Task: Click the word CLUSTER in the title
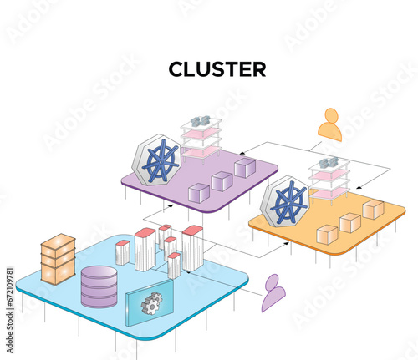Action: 217,69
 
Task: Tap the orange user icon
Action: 329,124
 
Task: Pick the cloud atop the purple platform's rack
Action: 200,122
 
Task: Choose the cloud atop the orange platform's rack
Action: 328,162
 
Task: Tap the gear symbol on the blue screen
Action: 151,302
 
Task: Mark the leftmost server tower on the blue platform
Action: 122,252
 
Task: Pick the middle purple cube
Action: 222,180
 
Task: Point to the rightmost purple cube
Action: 244,168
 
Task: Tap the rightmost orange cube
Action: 373,209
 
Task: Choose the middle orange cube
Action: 350,222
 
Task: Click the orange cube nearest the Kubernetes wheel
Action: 328,236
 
